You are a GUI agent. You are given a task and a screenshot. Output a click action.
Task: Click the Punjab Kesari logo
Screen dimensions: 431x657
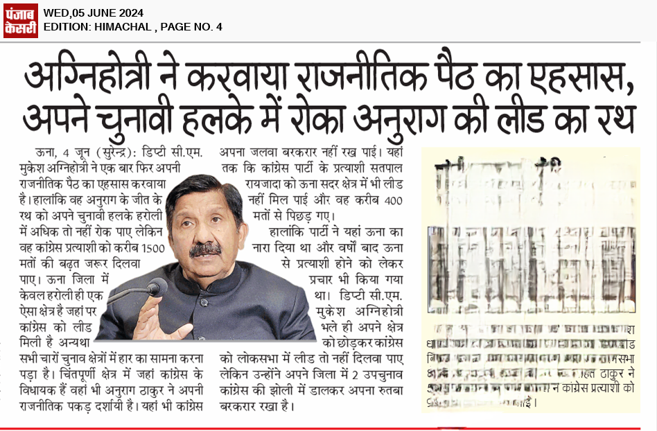pyautogui.click(x=20, y=19)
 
